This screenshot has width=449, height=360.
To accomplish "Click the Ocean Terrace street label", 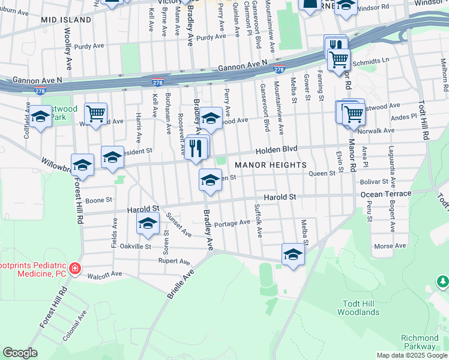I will (x=386, y=194).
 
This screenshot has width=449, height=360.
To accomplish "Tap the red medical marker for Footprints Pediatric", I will (x=75, y=268).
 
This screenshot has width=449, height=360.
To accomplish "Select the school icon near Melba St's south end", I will (x=293, y=254).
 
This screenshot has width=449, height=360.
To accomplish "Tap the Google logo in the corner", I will (x=20, y=353).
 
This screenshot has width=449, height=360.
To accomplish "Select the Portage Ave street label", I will (x=232, y=223).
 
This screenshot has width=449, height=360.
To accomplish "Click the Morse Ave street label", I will (x=390, y=246).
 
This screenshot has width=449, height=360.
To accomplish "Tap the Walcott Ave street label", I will (x=104, y=274).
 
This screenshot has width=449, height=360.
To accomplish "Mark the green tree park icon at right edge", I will (x=443, y=280).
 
